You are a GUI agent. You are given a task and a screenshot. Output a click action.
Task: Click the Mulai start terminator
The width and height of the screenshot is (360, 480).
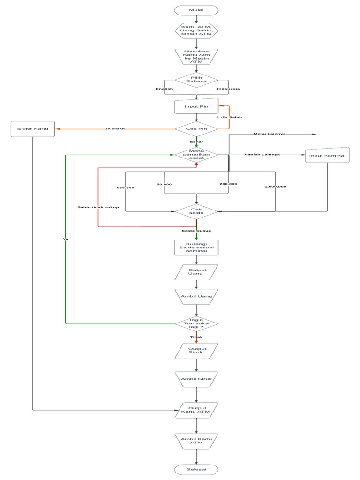click(196, 10)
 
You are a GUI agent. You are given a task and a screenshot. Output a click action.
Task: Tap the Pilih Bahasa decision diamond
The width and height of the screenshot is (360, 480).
click(196, 80)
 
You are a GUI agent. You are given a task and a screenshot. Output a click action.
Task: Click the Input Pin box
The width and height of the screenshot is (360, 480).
click(196, 106)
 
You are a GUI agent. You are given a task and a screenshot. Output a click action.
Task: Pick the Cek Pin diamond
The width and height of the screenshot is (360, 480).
click(196, 128)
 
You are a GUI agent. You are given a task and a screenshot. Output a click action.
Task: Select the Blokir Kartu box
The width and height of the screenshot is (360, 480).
click(33, 129)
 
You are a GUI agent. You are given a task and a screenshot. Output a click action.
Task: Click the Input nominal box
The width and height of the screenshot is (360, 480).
click(327, 156)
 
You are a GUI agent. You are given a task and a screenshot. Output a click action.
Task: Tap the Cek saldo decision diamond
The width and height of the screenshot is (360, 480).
click(196, 211)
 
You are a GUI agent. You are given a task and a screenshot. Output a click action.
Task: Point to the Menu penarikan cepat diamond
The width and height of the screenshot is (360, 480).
click(196, 155)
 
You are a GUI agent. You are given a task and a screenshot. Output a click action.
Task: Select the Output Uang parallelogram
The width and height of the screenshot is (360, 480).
click(196, 272)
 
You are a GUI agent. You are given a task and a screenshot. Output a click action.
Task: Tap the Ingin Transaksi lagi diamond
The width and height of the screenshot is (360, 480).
click(196, 323)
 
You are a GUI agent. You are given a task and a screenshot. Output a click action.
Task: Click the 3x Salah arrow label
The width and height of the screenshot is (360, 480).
click(115, 128)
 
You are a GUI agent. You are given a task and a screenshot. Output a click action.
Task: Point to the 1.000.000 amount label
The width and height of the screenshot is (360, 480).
click(275, 186)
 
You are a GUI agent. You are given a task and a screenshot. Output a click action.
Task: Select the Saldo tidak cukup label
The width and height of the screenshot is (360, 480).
click(98, 207)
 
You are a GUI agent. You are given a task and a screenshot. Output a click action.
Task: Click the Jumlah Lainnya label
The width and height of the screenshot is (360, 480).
click(262, 154)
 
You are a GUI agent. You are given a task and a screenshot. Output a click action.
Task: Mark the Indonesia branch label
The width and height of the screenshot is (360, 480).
click(228, 89)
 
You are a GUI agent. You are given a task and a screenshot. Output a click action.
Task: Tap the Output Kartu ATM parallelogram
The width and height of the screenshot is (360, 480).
click(196, 410)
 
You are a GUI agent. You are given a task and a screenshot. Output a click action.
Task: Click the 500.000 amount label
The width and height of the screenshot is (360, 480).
click(125, 187)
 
